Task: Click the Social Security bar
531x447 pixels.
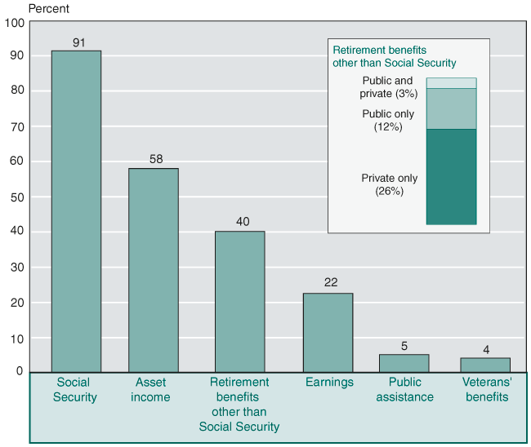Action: point(76,211)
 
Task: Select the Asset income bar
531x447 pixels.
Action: point(153,270)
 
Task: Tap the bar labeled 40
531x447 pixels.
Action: point(239,302)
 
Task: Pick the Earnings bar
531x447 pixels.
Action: point(328,333)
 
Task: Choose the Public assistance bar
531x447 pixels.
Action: point(404,363)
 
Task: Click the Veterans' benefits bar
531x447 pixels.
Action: point(485,365)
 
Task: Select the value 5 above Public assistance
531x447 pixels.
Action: point(404,346)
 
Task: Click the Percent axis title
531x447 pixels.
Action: point(49,9)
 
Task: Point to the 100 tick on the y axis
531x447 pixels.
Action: point(14,22)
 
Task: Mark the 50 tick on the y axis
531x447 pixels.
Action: point(16,197)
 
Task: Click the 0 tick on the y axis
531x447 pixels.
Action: point(20,371)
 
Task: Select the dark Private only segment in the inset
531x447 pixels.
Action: point(451,176)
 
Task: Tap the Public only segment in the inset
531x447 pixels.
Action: point(451,108)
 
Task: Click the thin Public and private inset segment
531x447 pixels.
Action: point(451,83)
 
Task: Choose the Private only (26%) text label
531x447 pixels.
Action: point(390,184)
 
